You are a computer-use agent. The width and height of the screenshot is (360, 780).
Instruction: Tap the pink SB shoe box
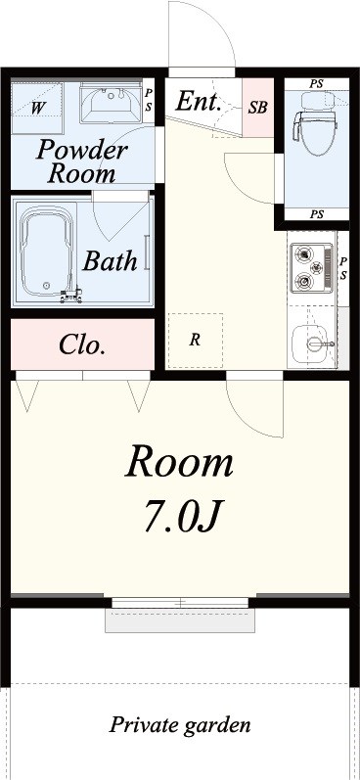[x=257, y=108]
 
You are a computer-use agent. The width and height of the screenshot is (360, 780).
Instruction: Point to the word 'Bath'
[x=109, y=261]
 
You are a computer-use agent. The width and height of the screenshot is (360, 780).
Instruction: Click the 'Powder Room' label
[x=82, y=162]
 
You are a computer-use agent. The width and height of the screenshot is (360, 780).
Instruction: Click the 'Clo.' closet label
[x=82, y=344]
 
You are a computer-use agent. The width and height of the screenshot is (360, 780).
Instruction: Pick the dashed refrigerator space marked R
[x=195, y=341]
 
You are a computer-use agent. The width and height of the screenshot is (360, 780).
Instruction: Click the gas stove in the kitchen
[x=311, y=267]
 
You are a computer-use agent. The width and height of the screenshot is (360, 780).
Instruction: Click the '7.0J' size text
[x=181, y=516]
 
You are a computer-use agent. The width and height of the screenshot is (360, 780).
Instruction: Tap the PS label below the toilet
[x=315, y=214]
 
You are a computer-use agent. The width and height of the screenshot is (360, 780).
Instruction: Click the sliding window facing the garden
[x=180, y=602]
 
